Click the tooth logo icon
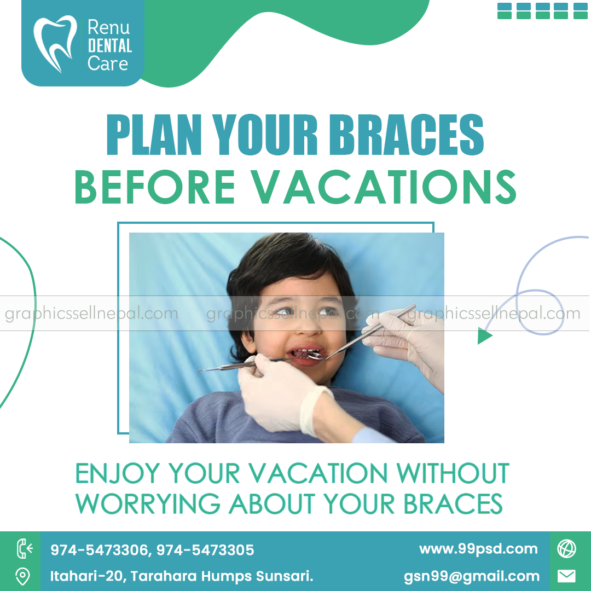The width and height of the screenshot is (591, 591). [55, 44]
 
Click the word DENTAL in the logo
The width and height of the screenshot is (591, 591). [109, 45]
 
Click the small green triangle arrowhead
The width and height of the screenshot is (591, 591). [484, 335]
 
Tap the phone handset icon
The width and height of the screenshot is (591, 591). [24, 548]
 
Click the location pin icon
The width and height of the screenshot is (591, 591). [22, 576]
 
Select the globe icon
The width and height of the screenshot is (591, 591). [566, 549]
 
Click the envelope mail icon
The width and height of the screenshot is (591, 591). [566, 576]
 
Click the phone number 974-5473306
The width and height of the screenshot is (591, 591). [99, 550]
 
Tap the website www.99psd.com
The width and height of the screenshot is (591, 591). [478, 549]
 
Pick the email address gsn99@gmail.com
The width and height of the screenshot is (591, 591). [472, 576]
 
